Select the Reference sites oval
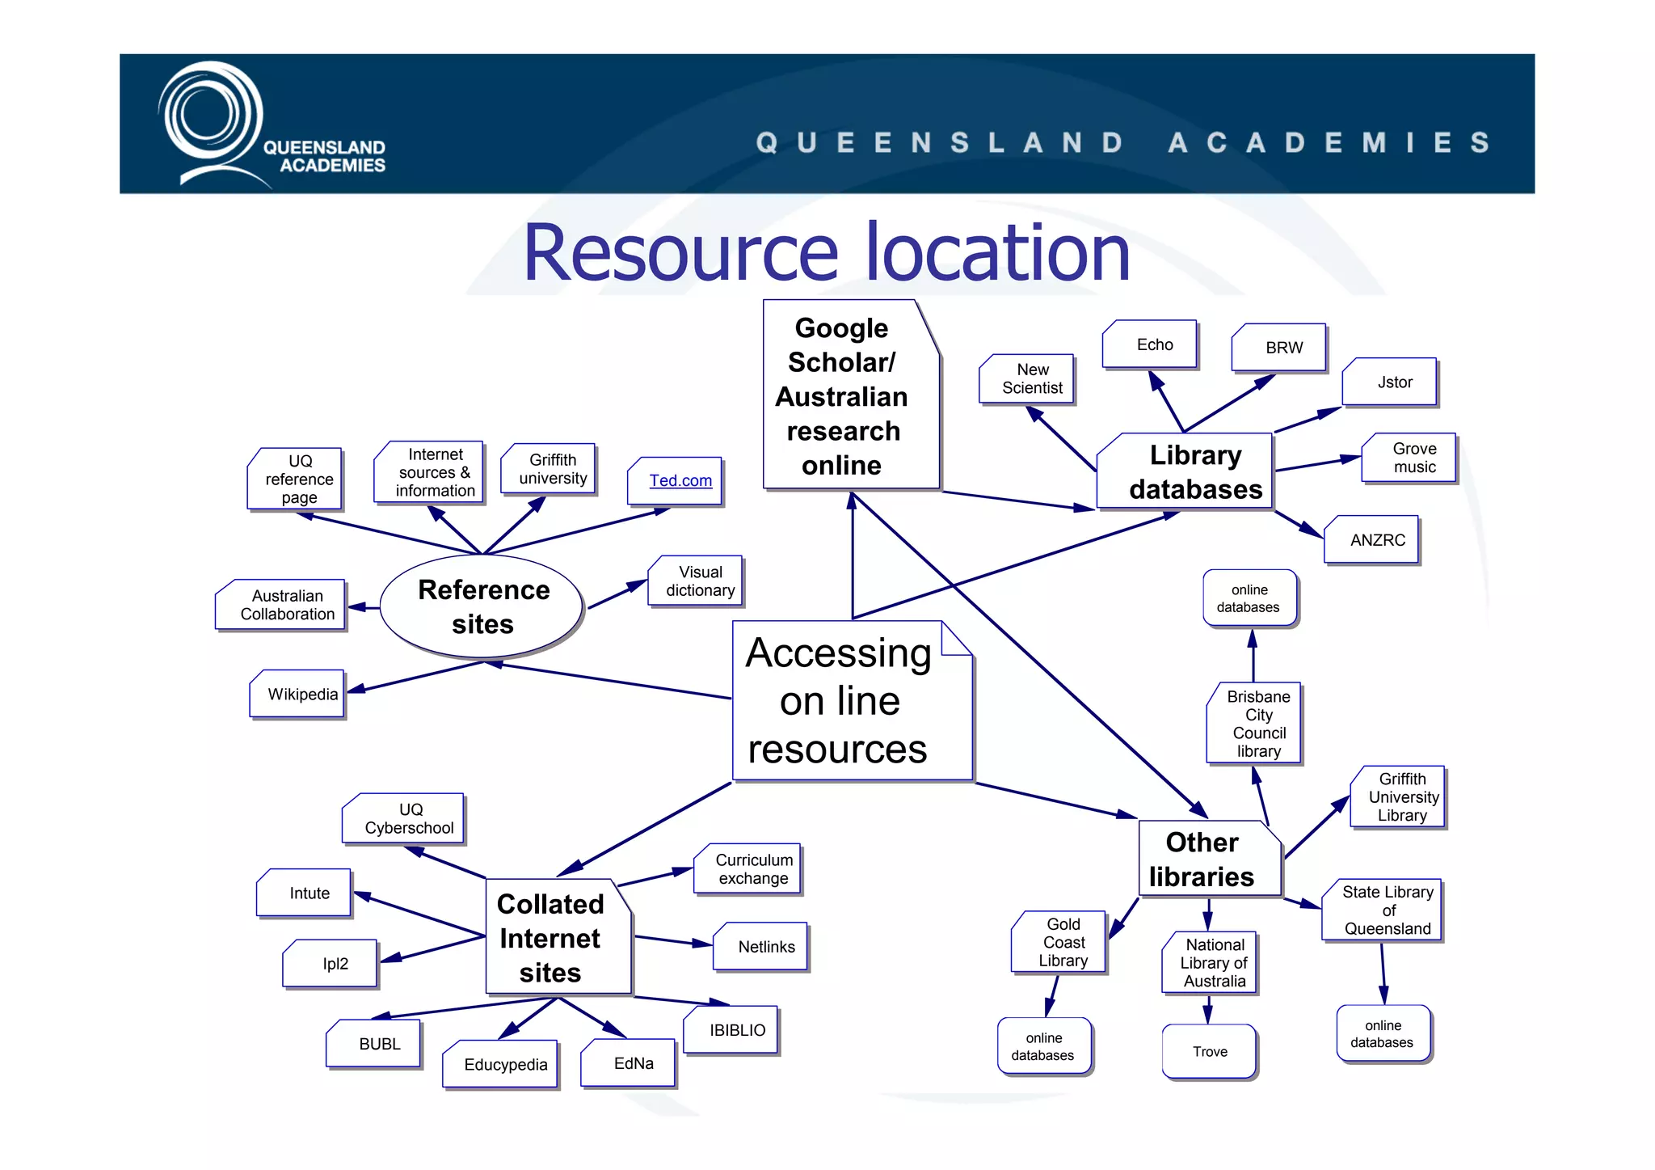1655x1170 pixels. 482,606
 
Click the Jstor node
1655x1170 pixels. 1390,382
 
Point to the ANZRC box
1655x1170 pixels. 1372,539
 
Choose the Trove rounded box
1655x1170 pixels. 1209,1051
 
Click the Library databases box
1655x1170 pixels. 1186,471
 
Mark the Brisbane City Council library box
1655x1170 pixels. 1254,723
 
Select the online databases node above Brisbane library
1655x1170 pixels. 1249,598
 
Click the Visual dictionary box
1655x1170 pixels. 696,581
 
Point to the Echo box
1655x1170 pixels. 1150,344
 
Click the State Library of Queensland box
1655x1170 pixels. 1382,910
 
